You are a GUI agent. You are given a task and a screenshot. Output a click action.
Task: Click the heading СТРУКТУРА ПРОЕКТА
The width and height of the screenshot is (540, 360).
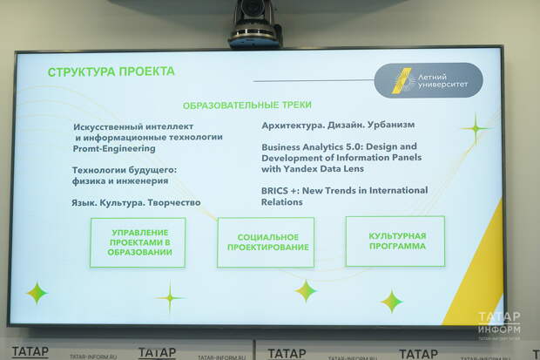point(111,71)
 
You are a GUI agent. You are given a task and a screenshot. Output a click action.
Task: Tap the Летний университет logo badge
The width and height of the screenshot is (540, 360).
point(429,80)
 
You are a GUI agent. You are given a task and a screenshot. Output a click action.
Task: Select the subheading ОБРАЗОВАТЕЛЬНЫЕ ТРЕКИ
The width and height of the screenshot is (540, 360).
point(247,105)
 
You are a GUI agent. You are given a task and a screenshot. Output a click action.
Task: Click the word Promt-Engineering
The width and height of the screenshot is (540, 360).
point(114,149)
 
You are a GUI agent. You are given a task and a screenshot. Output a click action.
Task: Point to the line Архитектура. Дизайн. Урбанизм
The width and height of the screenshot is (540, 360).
point(338,125)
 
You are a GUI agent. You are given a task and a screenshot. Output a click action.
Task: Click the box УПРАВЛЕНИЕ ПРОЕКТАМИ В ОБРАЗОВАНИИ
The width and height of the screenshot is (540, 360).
point(138,242)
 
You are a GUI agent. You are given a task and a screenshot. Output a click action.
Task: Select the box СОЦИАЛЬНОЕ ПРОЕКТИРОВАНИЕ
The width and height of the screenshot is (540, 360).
point(266,242)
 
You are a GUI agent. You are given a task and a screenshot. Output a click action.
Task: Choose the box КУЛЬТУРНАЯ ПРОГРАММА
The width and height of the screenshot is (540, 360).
point(395,241)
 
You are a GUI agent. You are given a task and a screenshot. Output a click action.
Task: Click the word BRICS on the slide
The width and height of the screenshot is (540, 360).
point(274,191)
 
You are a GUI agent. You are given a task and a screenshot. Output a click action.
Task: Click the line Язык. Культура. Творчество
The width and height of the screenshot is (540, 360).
point(136,203)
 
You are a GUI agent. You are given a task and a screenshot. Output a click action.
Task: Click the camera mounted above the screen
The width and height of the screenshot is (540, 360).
point(255,24)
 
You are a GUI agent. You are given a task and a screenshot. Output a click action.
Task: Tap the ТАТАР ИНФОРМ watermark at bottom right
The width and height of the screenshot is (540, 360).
point(499,323)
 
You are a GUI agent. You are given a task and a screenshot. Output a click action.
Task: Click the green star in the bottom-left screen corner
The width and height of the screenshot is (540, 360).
point(37,293)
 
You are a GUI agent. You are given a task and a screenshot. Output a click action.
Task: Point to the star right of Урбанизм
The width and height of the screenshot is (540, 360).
point(476,129)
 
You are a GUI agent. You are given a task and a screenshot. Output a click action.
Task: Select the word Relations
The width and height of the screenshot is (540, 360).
point(281,202)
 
